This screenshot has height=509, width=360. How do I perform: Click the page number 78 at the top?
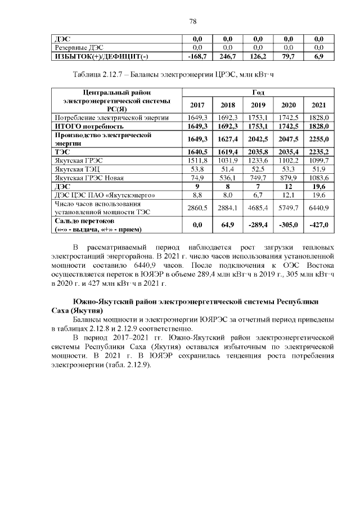click(x=193, y=21)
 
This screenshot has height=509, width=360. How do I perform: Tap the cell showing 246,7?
click(x=228, y=57)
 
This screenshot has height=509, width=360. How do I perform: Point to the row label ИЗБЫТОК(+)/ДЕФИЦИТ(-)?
click(x=100, y=57)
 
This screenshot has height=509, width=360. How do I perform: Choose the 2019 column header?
click(x=258, y=105)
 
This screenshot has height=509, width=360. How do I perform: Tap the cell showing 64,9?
click(x=228, y=225)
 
